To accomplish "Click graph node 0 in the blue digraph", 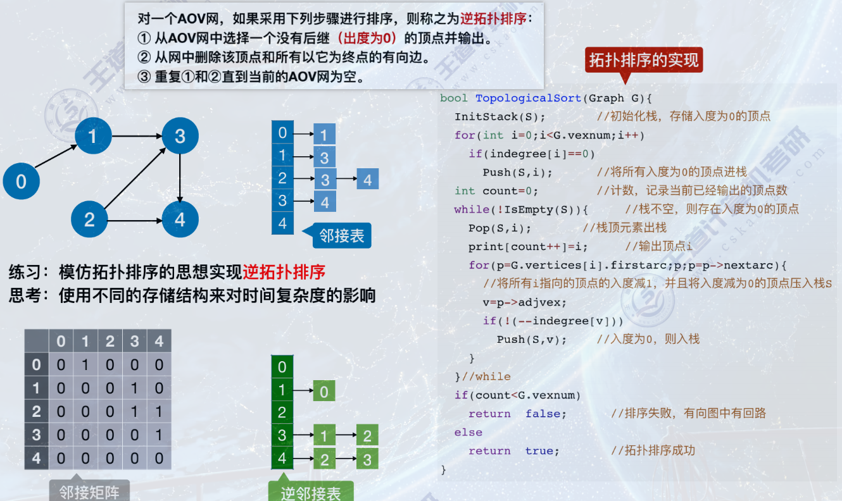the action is [x=21, y=182].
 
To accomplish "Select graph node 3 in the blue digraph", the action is [x=180, y=136].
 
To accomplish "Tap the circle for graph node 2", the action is [x=89, y=220].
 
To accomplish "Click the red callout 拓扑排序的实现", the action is [x=643, y=60].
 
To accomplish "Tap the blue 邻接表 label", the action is [x=341, y=236].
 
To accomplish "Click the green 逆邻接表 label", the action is [x=310, y=492].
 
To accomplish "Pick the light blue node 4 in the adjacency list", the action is [x=367, y=180].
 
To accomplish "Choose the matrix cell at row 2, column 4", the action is [x=159, y=411].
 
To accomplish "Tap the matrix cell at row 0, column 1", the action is [x=85, y=365].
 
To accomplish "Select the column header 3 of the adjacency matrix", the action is [x=134, y=342].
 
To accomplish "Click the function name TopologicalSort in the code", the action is [x=527, y=98].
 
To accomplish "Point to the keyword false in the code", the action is [x=546, y=414].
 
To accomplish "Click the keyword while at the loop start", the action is [x=471, y=209].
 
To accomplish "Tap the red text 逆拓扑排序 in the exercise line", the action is [x=284, y=273].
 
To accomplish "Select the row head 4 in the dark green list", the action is [x=282, y=458].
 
